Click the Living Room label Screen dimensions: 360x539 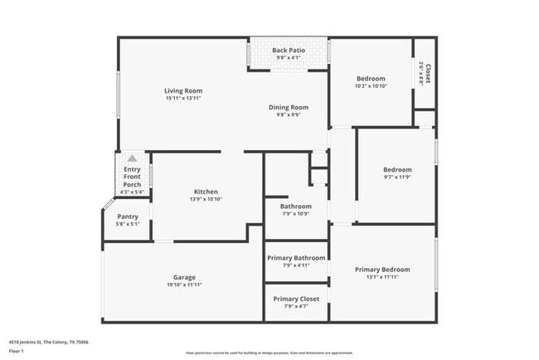(x=183, y=90)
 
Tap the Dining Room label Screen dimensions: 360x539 (x=289, y=107)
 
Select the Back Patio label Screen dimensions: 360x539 (x=289, y=51)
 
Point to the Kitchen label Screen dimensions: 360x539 (x=206, y=192)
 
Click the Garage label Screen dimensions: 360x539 (x=184, y=277)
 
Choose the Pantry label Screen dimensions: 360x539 (x=128, y=216)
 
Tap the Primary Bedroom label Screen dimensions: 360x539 (x=382, y=270)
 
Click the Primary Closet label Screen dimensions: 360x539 (x=296, y=299)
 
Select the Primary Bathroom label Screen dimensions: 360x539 (x=296, y=258)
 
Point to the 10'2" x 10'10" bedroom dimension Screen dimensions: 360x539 (x=370, y=86)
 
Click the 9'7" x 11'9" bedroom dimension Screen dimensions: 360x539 (x=397, y=177)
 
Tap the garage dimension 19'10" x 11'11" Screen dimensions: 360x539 (x=184, y=285)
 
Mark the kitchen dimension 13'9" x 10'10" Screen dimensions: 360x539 (x=206, y=199)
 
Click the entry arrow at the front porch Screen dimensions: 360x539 (x=131, y=158)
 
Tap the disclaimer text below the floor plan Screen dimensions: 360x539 (x=269, y=353)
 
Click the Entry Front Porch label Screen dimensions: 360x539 (x=132, y=177)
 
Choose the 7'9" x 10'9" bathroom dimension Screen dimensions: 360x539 (x=295, y=214)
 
